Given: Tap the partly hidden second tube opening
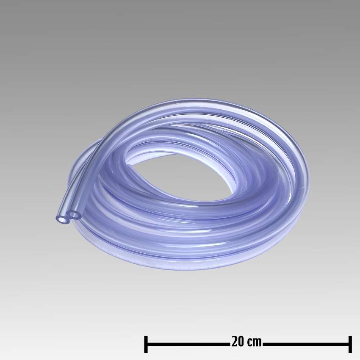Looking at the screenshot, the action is (75, 215).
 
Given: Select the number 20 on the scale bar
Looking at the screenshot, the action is (238, 342).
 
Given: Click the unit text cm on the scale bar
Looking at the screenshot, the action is (255, 342).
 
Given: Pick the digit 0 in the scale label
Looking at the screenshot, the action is (241, 342).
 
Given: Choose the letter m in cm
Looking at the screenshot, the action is (258, 342).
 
